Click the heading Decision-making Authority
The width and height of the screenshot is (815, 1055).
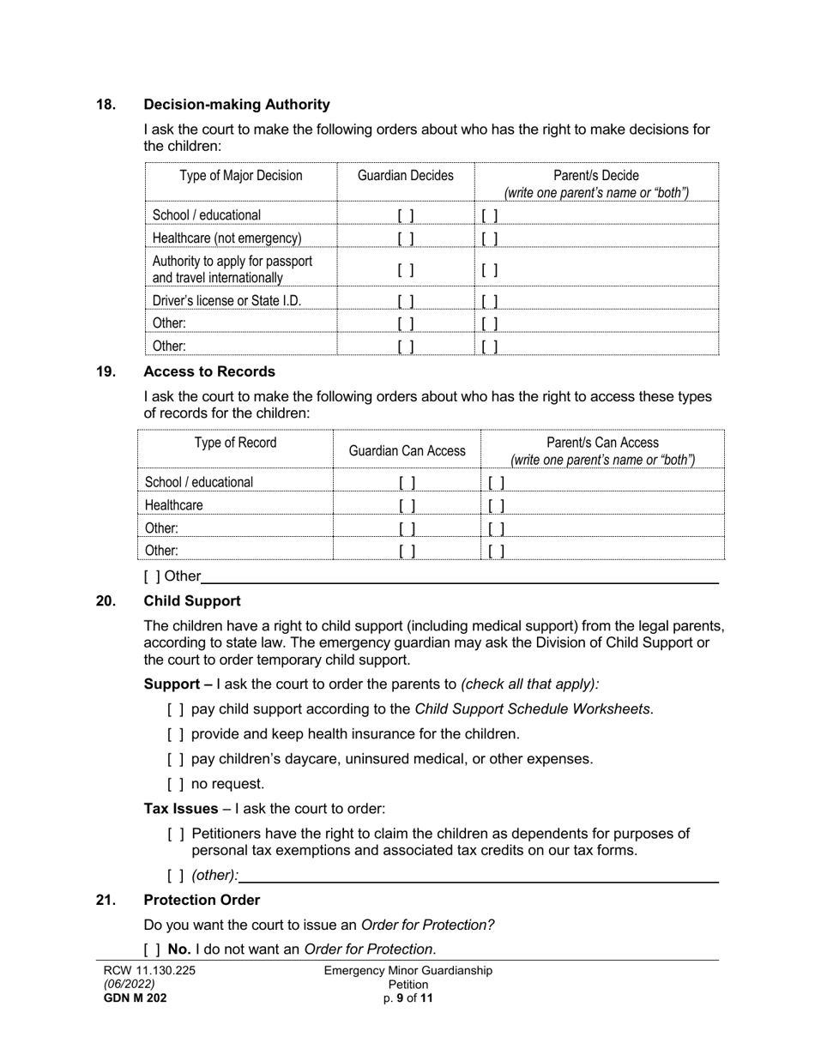(x=237, y=105)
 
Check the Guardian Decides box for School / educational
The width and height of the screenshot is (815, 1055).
(x=406, y=215)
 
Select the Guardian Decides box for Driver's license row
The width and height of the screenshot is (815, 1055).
(x=406, y=301)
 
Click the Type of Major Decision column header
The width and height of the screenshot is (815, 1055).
(x=241, y=176)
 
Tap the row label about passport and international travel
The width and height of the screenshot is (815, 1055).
(x=232, y=269)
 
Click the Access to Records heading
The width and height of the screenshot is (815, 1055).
(x=209, y=372)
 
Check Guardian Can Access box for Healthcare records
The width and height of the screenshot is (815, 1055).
(x=407, y=506)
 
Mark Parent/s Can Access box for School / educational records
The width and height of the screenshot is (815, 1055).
(x=496, y=483)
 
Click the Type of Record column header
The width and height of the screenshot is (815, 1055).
(x=235, y=443)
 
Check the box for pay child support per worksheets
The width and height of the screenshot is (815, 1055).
(x=176, y=709)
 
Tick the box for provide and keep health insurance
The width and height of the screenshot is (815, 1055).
(x=176, y=734)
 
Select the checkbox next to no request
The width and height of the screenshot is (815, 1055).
(x=176, y=784)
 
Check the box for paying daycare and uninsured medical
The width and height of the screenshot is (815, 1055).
(x=176, y=759)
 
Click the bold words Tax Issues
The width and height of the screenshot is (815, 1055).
(x=180, y=809)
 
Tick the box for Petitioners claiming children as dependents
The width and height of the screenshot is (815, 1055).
(x=176, y=834)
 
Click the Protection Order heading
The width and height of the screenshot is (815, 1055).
(x=202, y=900)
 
